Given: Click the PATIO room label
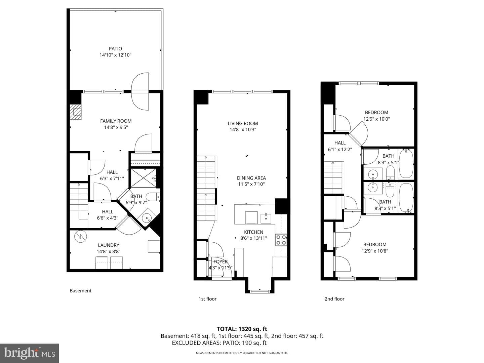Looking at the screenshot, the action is [115, 49].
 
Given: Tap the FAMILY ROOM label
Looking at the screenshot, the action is [116, 121].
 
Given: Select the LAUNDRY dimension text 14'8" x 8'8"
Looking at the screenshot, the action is [109, 251].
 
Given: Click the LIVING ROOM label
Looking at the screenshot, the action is [243, 123].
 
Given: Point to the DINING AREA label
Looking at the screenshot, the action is [251, 178].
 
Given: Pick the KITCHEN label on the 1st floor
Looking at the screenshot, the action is [253, 232].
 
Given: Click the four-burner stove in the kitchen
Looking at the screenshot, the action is [281, 240].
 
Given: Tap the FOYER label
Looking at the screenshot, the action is [220, 261].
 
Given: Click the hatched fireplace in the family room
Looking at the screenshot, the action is [76, 112].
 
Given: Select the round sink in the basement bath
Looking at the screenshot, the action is [147, 218].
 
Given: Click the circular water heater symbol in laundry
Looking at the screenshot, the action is [80, 237].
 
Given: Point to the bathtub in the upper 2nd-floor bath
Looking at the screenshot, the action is [406, 164].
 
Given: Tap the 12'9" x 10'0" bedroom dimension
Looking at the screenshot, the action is [377, 119].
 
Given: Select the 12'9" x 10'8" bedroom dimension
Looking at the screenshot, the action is [375, 251].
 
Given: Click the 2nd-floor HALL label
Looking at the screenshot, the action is [340, 143].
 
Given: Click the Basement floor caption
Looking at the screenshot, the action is [80, 291].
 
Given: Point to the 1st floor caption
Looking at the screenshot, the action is [207, 299].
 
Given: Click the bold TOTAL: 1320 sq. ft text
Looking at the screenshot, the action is [242, 329].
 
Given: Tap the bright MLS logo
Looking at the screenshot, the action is [30, 353].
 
